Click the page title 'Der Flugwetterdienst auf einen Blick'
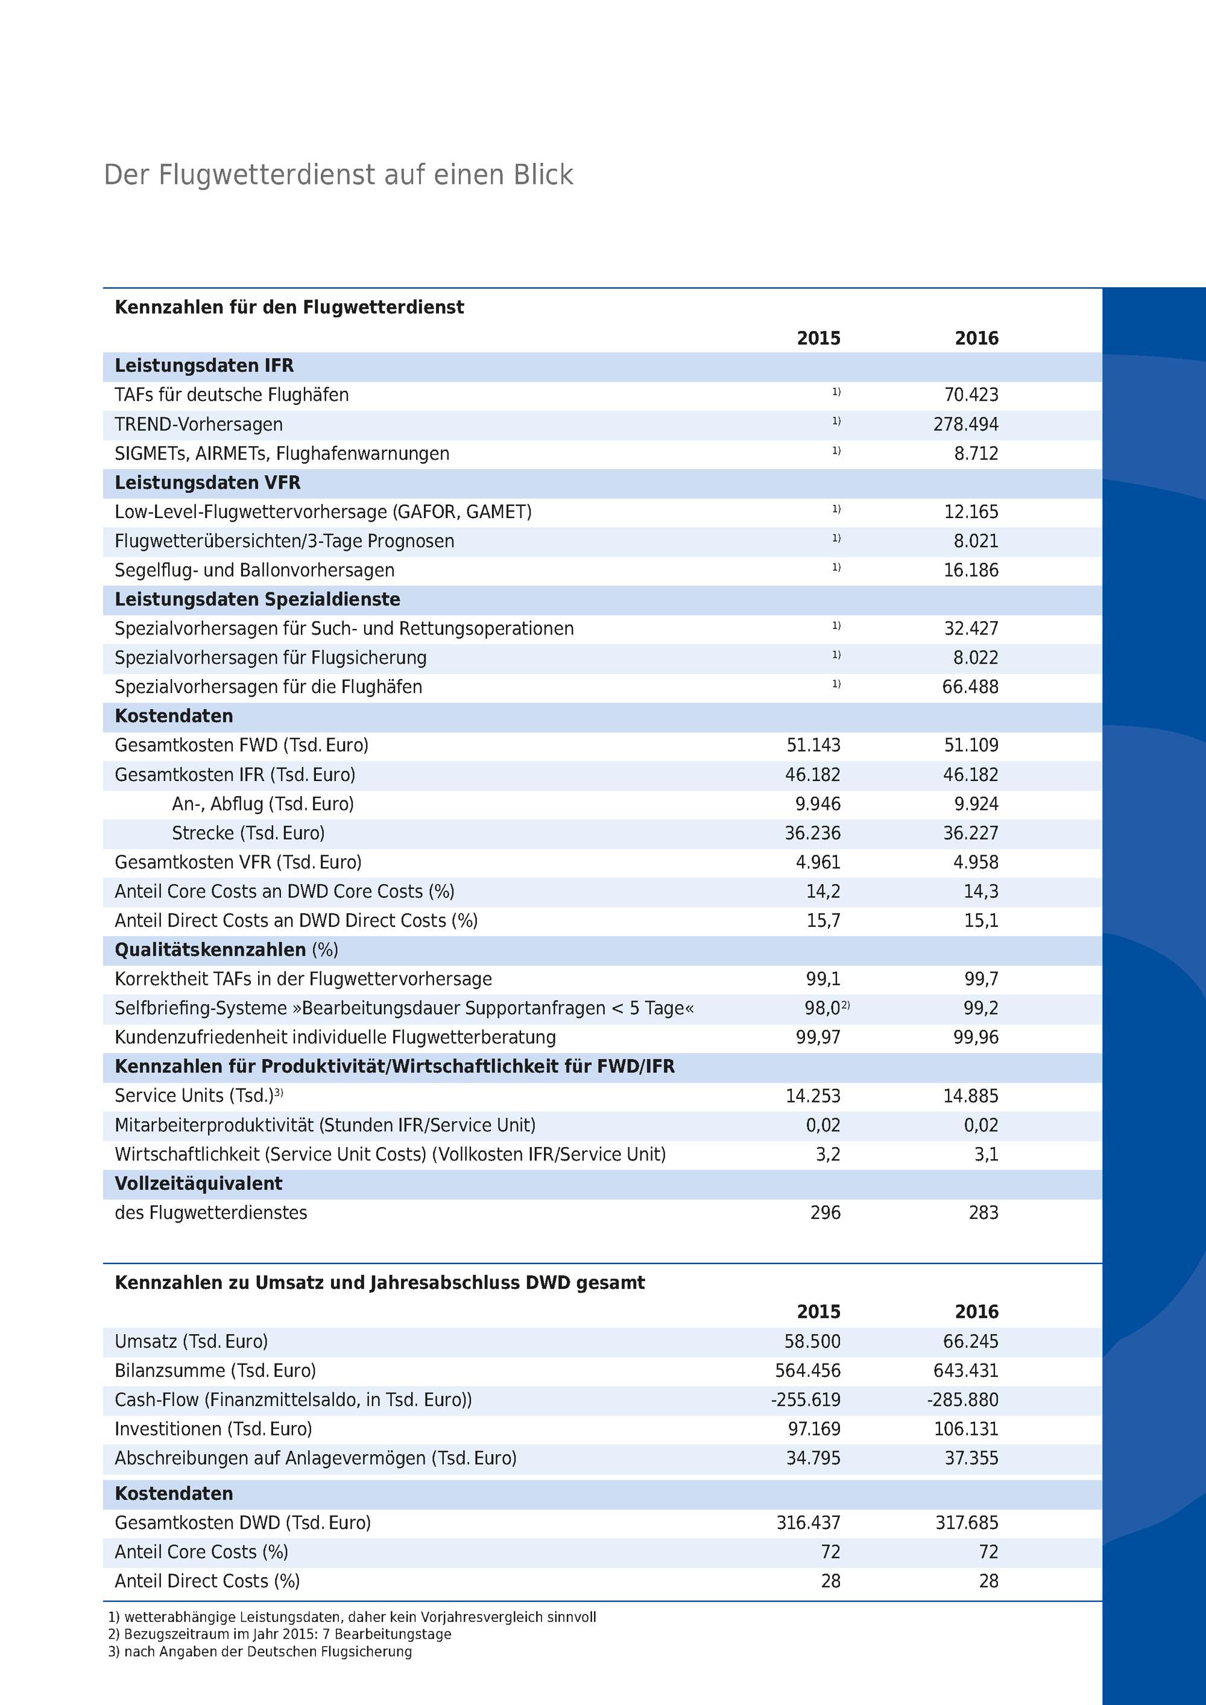point(339,176)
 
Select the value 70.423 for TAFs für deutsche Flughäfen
point(971,395)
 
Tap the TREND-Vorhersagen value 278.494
point(965,425)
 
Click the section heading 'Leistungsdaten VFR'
point(207,482)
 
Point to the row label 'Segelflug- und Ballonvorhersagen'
point(254,571)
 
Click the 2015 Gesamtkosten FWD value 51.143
point(813,745)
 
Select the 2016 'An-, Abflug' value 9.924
point(976,804)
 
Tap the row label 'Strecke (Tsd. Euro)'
point(248,833)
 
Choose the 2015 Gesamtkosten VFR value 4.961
point(818,862)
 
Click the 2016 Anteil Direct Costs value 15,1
point(981,921)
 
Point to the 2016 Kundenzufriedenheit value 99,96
point(976,1037)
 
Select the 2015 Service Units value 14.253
point(813,1096)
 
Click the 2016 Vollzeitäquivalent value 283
point(983,1213)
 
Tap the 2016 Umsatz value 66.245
point(971,1342)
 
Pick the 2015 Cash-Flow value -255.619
point(806,1400)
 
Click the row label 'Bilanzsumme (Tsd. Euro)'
point(215,1371)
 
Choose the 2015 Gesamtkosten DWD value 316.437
point(808,1523)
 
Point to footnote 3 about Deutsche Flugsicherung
point(260,1651)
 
